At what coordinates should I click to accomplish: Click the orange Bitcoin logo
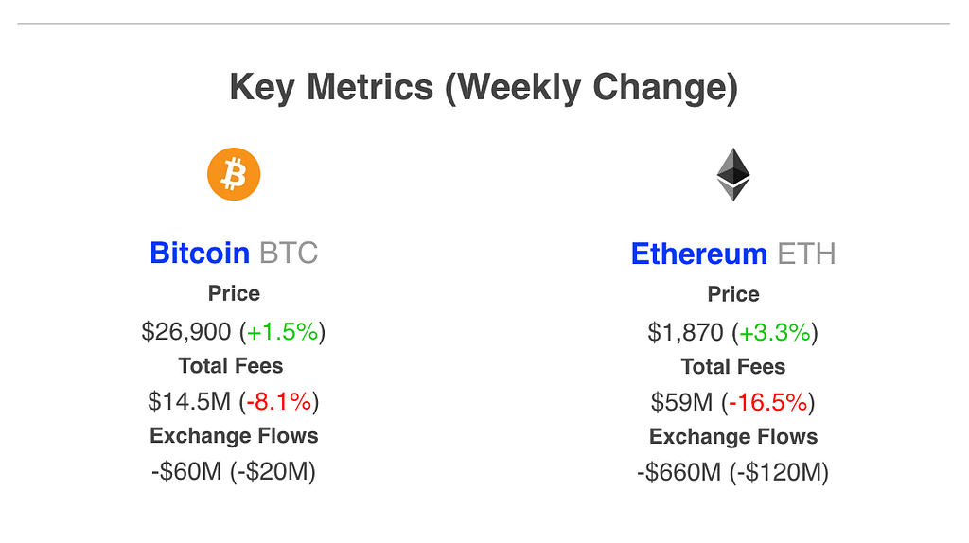point(234,175)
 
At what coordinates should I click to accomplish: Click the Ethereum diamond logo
point(732,175)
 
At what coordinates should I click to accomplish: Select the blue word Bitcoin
point(200,254)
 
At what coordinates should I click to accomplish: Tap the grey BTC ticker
point(289,254)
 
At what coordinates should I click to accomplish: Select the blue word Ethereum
point(699,254)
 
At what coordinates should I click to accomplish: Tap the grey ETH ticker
point(806,254)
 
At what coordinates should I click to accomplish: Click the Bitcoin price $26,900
point(186,331)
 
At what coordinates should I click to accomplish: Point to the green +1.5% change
point(283,331)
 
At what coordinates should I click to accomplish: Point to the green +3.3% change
point(775,332)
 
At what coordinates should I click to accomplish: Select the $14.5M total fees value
point(189,401)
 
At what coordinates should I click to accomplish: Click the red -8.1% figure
point(279,401)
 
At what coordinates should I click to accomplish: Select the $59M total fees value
point(681,402)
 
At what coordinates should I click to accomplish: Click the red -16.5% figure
point(769,402)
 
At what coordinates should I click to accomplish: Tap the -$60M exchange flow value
point(186,471)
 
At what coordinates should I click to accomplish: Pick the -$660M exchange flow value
point(679,472)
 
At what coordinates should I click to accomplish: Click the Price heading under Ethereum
point(733,294)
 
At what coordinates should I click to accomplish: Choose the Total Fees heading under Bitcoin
point(231,365)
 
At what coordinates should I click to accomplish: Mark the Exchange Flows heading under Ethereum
point(733,436)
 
